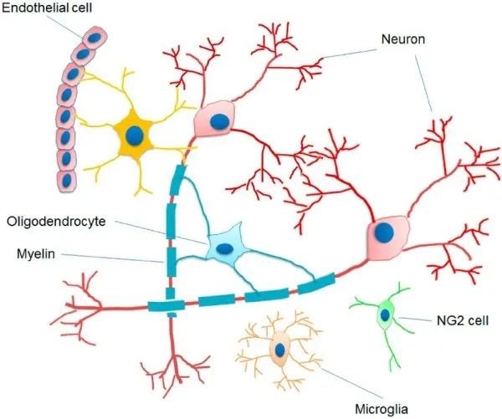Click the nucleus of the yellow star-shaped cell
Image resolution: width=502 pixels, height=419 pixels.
(x=134, y=134)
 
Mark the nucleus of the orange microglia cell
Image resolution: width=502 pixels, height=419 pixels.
(x=279, y=350)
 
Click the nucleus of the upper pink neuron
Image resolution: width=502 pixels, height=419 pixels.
(x=218, y=122)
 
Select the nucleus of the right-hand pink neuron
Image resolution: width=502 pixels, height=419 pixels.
(x=384, y=231)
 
